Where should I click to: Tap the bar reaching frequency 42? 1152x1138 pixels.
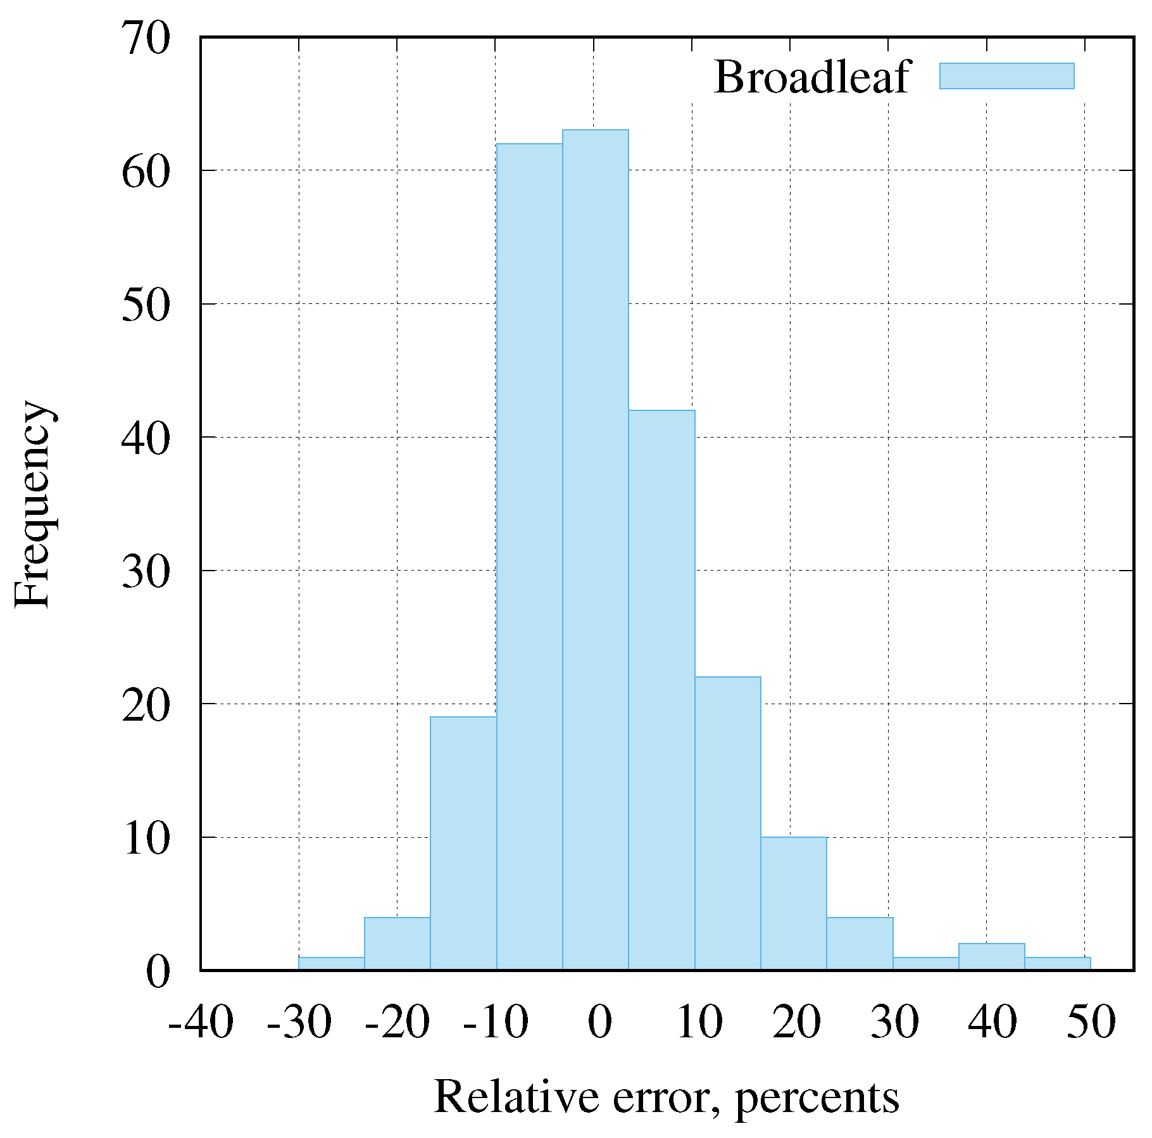pos(661,690)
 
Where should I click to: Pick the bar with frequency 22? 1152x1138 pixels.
pos(727,823)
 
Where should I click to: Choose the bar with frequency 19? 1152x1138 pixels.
pos(463,843)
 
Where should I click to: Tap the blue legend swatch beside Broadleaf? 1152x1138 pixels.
pos(1006,76)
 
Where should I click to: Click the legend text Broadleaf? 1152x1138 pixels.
pos(811,77)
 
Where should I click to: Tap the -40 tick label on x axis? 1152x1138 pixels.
pos(201,1021)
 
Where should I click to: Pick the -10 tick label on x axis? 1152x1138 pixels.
pos(495,1021)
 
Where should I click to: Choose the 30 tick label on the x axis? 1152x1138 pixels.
pos(894,1021)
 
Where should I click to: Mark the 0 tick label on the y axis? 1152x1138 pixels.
pos(158,971)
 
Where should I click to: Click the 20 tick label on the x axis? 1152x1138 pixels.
pos(796,1021)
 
